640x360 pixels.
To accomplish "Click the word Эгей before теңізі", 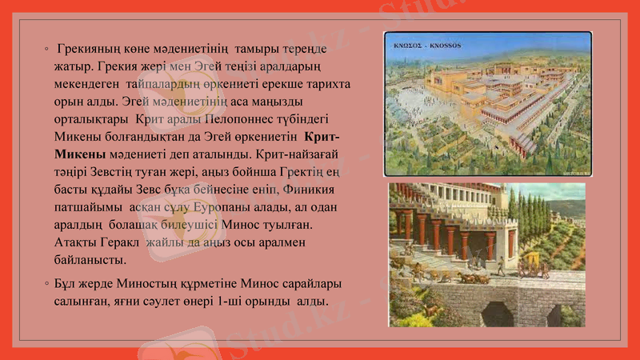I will pos(227,67).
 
